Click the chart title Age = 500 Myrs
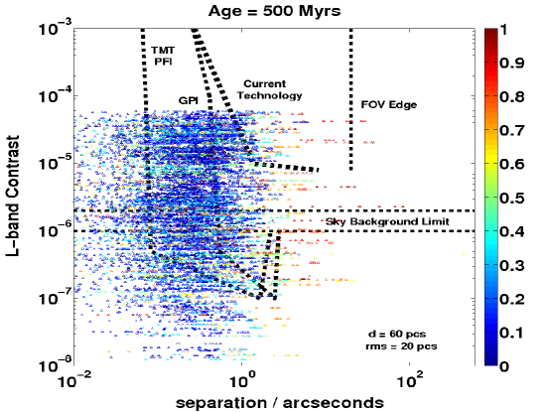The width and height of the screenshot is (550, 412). pos(275,11)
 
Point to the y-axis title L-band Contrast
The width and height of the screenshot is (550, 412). pos(12,197)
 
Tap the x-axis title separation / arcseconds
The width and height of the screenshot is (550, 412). pos(280,402)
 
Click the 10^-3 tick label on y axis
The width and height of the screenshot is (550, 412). pos(54,28)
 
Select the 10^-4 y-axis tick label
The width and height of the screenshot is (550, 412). pos(54,95)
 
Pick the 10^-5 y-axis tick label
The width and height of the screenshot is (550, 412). pos(54,163)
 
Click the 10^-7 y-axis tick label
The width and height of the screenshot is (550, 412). pos(54,298)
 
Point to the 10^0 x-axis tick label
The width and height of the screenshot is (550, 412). pos(241,381)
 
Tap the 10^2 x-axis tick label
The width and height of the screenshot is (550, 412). pos(410,381)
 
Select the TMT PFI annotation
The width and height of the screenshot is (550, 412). pos(163,57)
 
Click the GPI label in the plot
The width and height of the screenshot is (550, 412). pos(189,101)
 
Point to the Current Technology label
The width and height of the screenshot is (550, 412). pos(270,89)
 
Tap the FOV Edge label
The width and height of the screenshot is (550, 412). pos(389,105)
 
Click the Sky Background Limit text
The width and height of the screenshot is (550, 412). pos(387,221)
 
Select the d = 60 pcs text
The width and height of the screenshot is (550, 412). pos(397,334)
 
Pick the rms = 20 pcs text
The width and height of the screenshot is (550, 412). pos(401,346)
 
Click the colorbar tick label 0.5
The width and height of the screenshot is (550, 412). pos(511,199)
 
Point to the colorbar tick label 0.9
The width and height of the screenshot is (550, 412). pos(511,64)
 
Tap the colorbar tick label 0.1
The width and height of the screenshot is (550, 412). pos(511,333)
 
